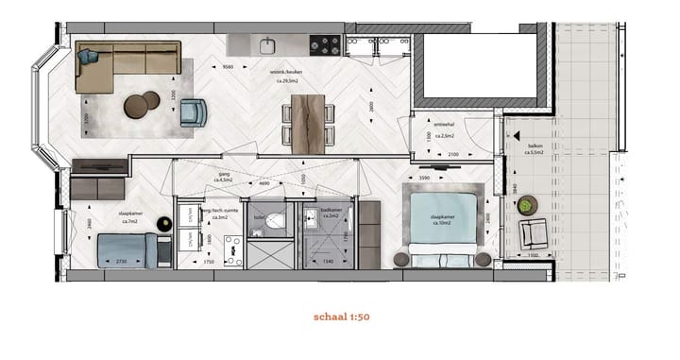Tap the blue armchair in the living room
[193, 111]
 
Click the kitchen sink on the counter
[267, 43]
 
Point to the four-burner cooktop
[324, 43]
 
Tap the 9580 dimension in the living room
[229, 67]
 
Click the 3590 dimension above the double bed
[425, 178]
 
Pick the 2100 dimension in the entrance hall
[452, 154]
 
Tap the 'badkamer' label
[331, 212]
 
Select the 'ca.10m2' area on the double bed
[442, 223]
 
